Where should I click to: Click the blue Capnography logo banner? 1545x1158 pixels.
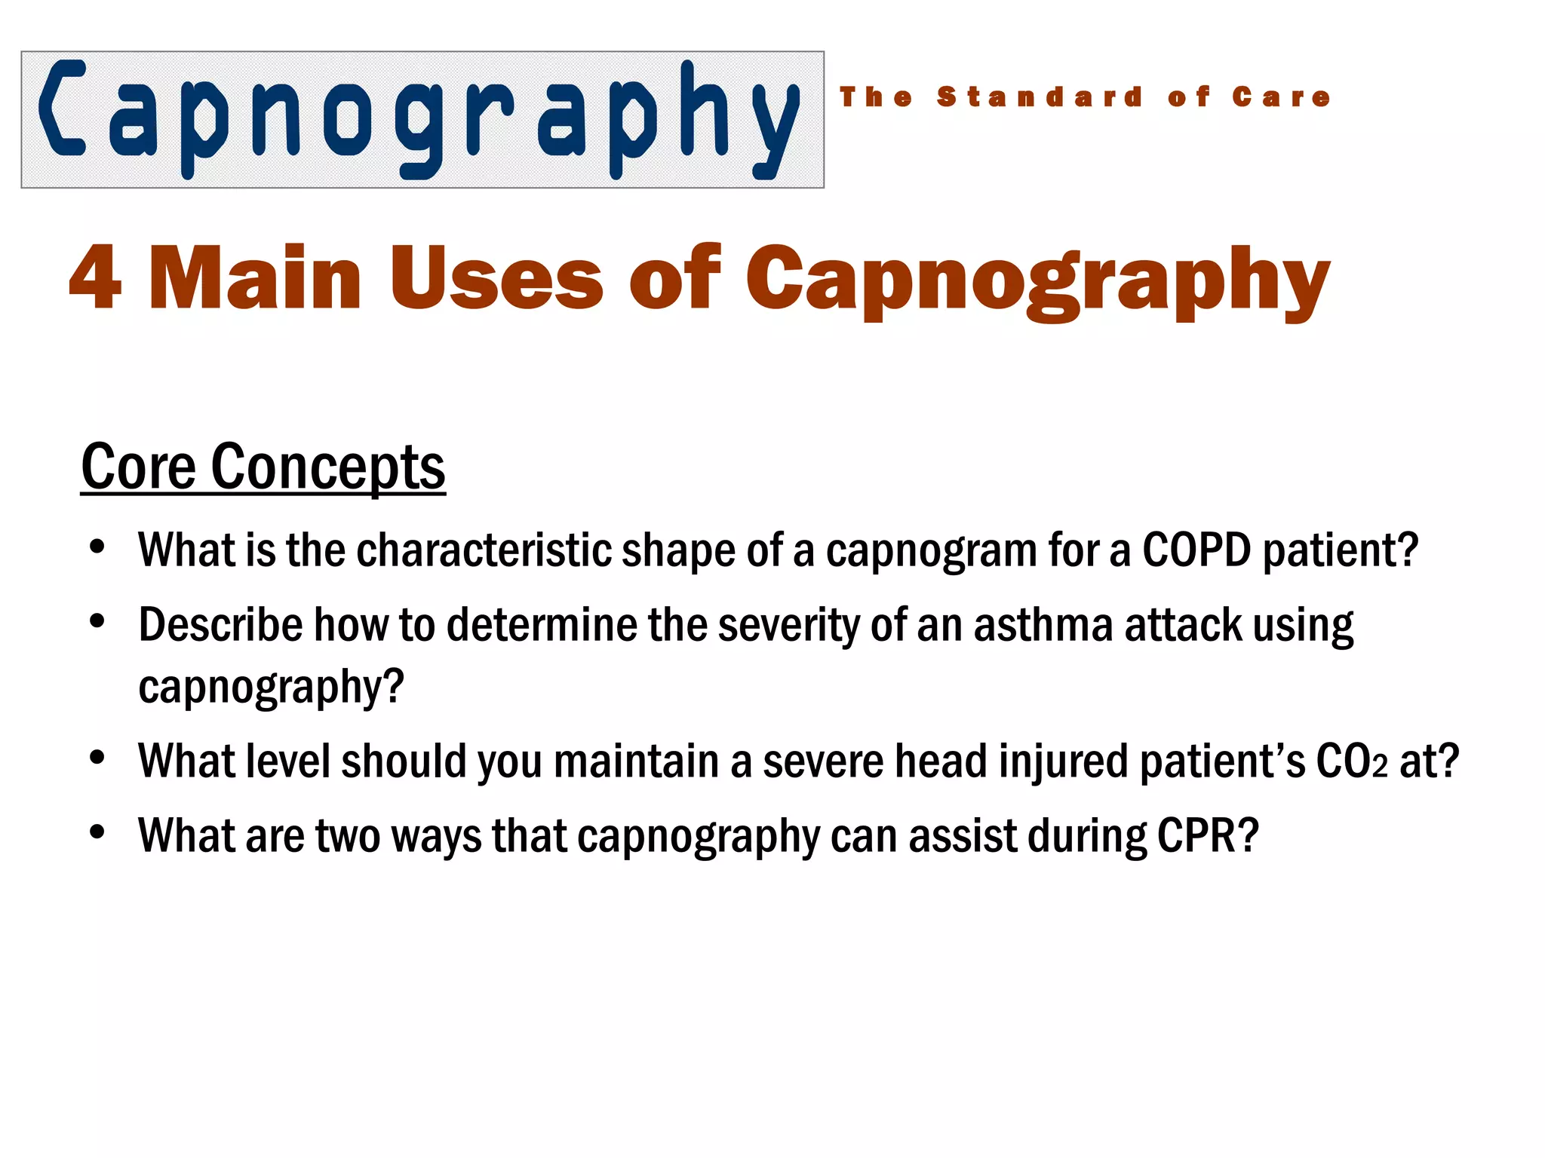click(x=422, y=119)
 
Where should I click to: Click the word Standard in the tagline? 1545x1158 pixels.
click(x=1040, y=97)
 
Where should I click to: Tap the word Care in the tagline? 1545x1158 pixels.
click(x=1281, y=97)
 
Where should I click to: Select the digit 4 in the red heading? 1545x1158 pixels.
click(x=95, y=277)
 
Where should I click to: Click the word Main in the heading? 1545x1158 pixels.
click(x=256, y=277)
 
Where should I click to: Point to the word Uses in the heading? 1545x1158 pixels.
click(x=496, y=277)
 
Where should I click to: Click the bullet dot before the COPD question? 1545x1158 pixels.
click(x=97, y=547)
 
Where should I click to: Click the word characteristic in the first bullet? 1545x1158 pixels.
click(x=483, y=550)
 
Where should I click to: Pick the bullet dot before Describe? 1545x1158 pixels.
click(x=97, y=622)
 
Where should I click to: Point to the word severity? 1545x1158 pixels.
click(x=788, y=625)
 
